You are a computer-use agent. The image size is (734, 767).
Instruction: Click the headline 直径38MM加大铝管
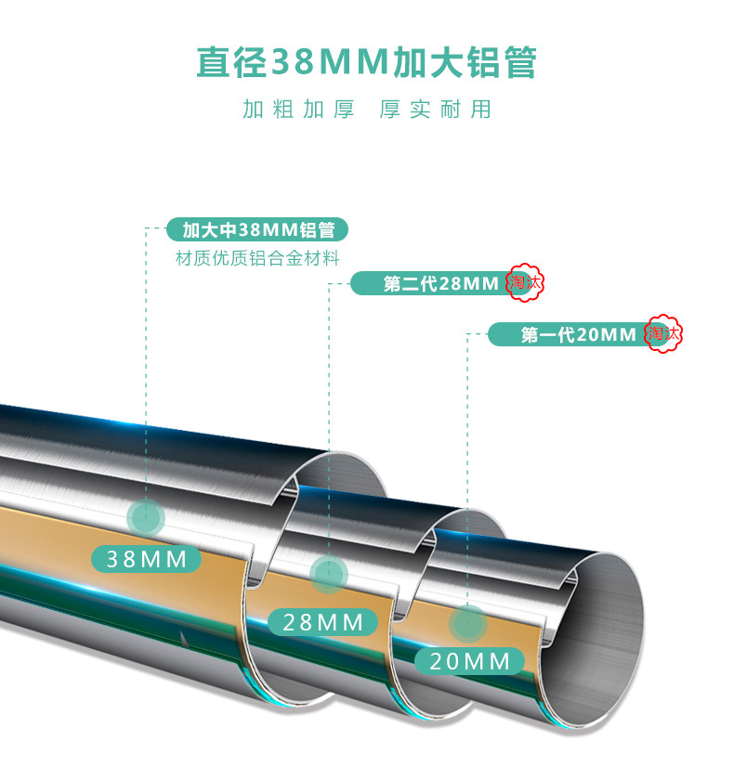(366, 63)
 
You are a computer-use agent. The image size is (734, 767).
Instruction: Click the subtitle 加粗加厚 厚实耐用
(366, 110)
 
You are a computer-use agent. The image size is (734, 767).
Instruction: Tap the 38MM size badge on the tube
(147, 559)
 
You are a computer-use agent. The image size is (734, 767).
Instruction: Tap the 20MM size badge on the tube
(469, 661)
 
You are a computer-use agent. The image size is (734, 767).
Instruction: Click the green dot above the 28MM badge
(327, 575)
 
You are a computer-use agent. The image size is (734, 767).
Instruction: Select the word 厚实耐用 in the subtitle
(435, 110)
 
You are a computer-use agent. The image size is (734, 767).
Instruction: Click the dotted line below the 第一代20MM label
(467, 464)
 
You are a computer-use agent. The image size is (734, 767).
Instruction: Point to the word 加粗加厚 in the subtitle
(298, 110)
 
